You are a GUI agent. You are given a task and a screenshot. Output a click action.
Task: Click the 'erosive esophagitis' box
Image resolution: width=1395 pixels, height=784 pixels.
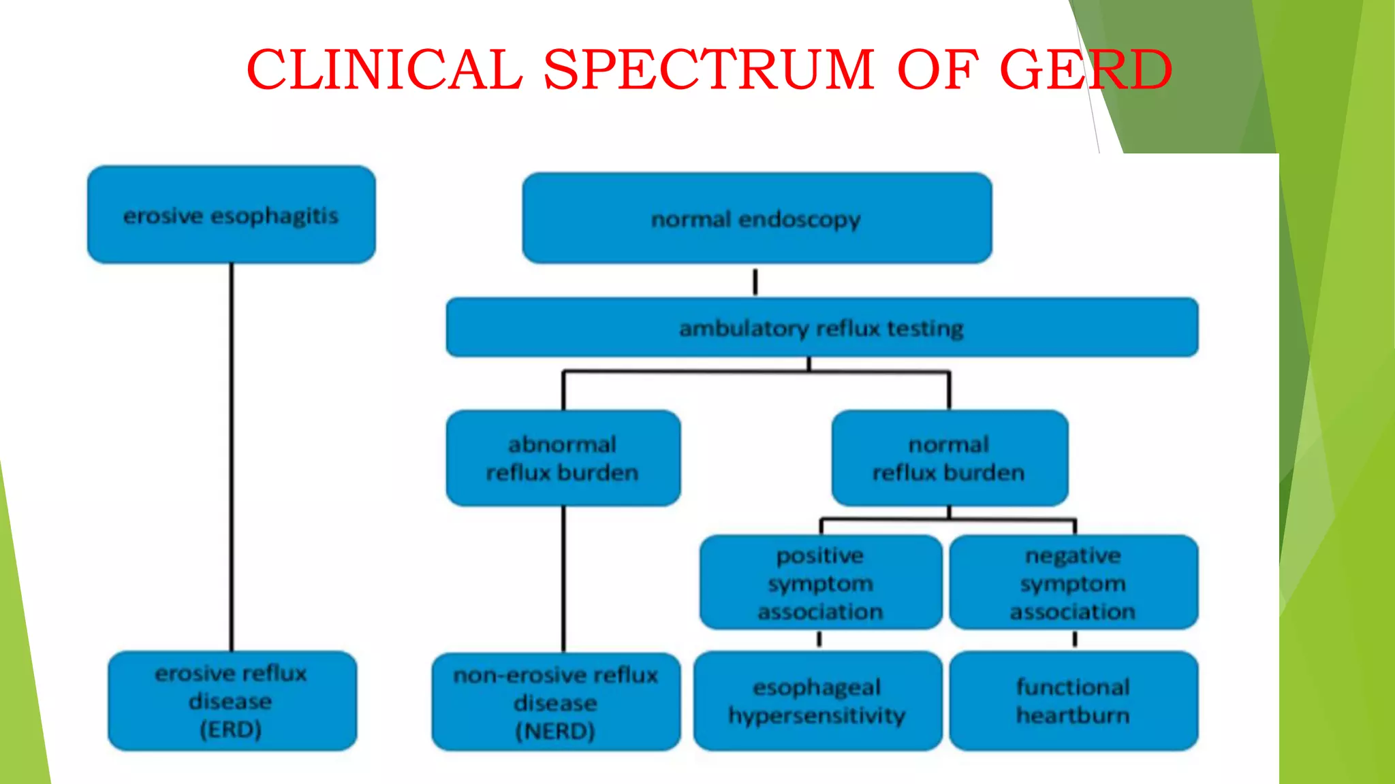pyautogui.click(x=231, y=215)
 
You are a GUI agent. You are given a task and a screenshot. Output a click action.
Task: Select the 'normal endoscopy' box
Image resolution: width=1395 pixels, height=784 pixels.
pyautogui.click(x=756, y=218)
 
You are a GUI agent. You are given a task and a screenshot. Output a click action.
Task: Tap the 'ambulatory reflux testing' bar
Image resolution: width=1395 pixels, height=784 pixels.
pyautogui.click(x=821, y=328)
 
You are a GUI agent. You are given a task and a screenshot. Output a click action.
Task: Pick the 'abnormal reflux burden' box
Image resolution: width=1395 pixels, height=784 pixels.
pyautogui.click(x=563, y=458)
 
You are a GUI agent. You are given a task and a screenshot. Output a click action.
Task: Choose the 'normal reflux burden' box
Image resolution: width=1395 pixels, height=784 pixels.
pyautogui.click(x=949, y=458)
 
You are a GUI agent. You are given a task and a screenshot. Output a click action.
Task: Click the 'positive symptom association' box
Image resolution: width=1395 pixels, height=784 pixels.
pyautogui.click(x=820, y=583)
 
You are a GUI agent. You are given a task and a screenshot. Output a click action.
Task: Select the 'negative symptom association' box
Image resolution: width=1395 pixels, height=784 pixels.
pyautogui.click(x=1073, y=583)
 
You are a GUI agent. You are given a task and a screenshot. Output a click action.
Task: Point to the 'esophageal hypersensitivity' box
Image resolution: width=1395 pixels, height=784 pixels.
pyautogui.click(x=817, y=701)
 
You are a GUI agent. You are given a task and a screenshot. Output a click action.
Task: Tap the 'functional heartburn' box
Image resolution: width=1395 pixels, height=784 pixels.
pyautogui.click(x=1073, y=701)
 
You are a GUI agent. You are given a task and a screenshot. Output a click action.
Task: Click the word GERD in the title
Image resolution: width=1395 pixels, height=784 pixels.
pyautogui.click(x=1085, y=69)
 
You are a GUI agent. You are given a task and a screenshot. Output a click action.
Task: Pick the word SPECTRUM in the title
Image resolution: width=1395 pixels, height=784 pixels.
pyautogui.click(x=708, y=69)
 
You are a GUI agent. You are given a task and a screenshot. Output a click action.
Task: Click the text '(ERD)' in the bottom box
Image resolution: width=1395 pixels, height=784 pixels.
pyautogui.click(x=231, y=730)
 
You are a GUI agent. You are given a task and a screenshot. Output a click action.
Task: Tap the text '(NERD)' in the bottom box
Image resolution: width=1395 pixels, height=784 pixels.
pyautogui.click(x=555, y=731)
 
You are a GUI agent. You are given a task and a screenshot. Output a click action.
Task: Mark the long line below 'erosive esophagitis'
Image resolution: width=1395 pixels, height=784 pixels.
pyautogui.click(x=232, y=456)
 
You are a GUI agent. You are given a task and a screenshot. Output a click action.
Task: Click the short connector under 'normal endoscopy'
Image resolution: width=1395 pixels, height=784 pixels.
pyautogui.click(x=755, y=281)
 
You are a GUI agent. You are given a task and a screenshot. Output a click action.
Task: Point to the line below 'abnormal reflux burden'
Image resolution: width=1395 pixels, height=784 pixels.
pyautogui.click(x=563, y=578)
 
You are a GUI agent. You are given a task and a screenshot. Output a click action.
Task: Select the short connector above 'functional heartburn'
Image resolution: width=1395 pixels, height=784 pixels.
pyautogui.click(x=1075, y=639)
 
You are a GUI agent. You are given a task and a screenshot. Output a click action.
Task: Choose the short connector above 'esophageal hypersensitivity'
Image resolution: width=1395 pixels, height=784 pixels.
pyautogui.click(x=819, y=639)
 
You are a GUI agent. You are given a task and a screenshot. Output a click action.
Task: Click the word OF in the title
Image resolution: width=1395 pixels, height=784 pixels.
pyautogui.click(x=937, y=69)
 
